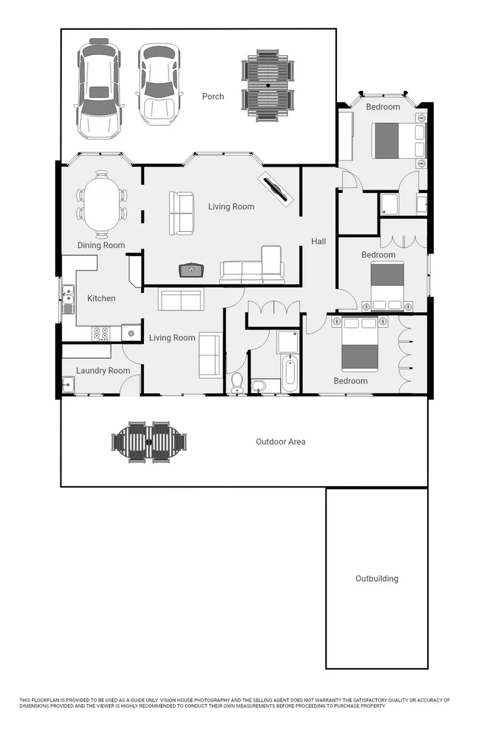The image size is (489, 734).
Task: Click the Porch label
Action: tap(213, 97)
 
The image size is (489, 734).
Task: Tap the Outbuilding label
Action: tap(377, 579)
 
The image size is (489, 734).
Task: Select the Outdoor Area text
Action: tap(280, 442)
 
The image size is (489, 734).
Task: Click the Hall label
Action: tap(319, 241)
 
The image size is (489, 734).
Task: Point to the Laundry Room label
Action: tap(103, 370)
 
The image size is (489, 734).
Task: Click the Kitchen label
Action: tap(101, 298)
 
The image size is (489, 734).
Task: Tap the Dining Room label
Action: tap(101, 245)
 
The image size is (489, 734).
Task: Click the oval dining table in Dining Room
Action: tap(101, 204)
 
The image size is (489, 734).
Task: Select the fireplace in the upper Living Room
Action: tap(192, 270)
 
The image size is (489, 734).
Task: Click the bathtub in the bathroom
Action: tap(290, 374)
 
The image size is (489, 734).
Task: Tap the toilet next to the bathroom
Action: tap(237, 383)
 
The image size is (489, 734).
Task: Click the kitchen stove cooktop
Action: tap(101, 333)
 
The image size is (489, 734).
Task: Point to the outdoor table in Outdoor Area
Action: tap(149, 442)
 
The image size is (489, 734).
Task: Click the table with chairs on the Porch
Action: tap(268, 85)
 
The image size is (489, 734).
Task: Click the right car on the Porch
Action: tap(160, 84)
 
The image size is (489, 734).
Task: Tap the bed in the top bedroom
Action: tap(394, 141)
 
